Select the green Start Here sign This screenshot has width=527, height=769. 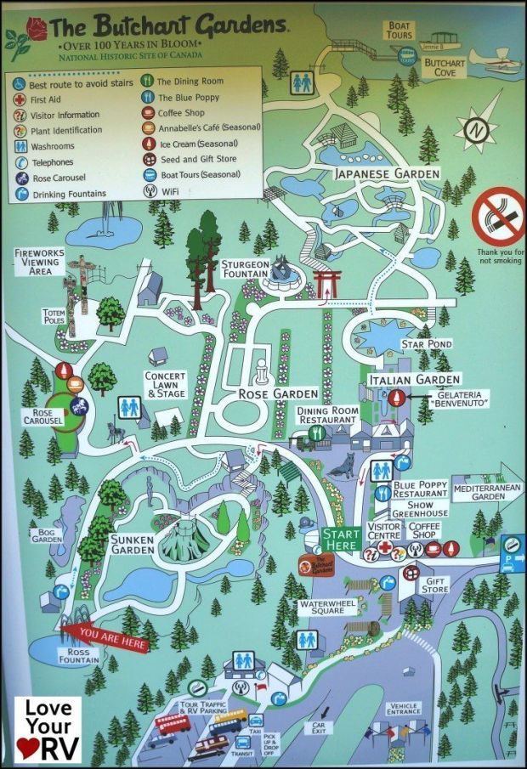tap(341, 539)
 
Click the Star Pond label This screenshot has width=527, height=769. tap(428, 343)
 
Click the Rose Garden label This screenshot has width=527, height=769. tap(265, 393)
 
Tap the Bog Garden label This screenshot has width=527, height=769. tap(42, 537)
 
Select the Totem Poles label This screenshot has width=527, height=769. tap(54, 316)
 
